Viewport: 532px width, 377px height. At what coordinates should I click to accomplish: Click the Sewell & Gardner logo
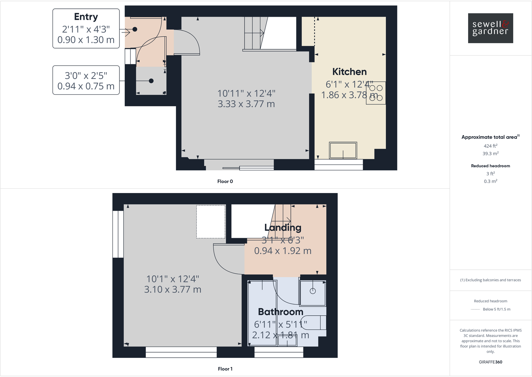pos(490,28)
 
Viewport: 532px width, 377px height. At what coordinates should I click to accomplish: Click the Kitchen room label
pos(349,72)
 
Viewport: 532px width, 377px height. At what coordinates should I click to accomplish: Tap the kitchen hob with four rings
pos(376,93)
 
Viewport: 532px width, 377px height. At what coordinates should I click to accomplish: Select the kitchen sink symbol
pos(343,150)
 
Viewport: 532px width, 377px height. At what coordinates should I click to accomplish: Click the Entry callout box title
pos(86,17)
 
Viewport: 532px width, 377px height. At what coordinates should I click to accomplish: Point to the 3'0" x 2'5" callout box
pos(86,80)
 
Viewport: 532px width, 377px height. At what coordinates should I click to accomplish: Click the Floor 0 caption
pos(225,181)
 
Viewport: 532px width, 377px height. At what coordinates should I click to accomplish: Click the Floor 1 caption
pos(225,369)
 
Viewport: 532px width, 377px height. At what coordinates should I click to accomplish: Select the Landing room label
pos(283,227)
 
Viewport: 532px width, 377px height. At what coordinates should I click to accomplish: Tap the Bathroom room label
pos(280,312)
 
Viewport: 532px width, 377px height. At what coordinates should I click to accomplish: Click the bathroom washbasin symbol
pos(313,292)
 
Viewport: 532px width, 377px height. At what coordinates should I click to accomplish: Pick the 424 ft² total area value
pos(490,146)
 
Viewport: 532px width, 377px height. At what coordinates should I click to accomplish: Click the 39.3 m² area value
pos(490,154)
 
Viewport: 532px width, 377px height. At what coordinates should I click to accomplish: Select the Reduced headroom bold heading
pos(490,166)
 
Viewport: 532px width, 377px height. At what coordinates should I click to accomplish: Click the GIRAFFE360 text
pos(490,362)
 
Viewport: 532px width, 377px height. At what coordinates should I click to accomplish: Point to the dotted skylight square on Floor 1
pos(211,221)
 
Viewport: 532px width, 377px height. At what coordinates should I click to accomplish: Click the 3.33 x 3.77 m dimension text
pos(246,104)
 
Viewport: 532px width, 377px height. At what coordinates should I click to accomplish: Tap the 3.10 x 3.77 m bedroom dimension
pos(173,289)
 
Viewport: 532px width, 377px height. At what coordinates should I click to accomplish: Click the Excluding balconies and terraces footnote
pos(490,280)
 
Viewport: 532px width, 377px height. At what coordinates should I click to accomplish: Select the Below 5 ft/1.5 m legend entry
pos(496,309)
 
